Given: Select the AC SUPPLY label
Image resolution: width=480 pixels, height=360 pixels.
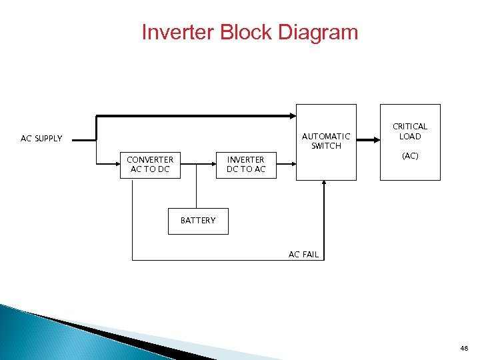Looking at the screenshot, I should click(x=41, y=139).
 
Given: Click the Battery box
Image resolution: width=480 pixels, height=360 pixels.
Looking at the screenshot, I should click(x=197, y=221).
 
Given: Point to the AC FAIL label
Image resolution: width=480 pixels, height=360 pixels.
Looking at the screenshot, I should click(x=303, y=255).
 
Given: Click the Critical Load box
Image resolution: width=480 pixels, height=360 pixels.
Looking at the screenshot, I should click(x=410, y=141).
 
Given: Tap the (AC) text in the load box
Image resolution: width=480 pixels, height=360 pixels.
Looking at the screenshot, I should click(x=410, y=156).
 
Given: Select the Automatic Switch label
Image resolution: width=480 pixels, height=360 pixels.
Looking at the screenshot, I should click(x=326, y=141).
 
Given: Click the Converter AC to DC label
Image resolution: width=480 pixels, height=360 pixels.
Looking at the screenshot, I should click(x=150, y=164).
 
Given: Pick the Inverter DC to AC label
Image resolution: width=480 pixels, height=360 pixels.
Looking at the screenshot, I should click(x=246, y=164).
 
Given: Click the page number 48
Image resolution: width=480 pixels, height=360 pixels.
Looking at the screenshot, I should click(x=464, y=349).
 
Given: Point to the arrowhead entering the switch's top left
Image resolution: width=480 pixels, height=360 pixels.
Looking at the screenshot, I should click(x=291, y=116).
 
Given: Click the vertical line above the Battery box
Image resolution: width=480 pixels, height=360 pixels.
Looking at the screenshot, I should click(x=197, y=193).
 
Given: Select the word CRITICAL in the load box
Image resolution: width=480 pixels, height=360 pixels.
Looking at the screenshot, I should click(x=410, y=127).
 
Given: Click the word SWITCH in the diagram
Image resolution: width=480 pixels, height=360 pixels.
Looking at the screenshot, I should click(x=326, y=146).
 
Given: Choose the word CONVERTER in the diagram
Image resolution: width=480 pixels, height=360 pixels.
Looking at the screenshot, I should click(x=150, y=159).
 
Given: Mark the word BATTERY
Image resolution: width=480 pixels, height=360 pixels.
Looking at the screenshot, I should click(x=198, y=221).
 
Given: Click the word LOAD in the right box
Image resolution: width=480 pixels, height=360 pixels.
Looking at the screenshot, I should click(x=410, y=137).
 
